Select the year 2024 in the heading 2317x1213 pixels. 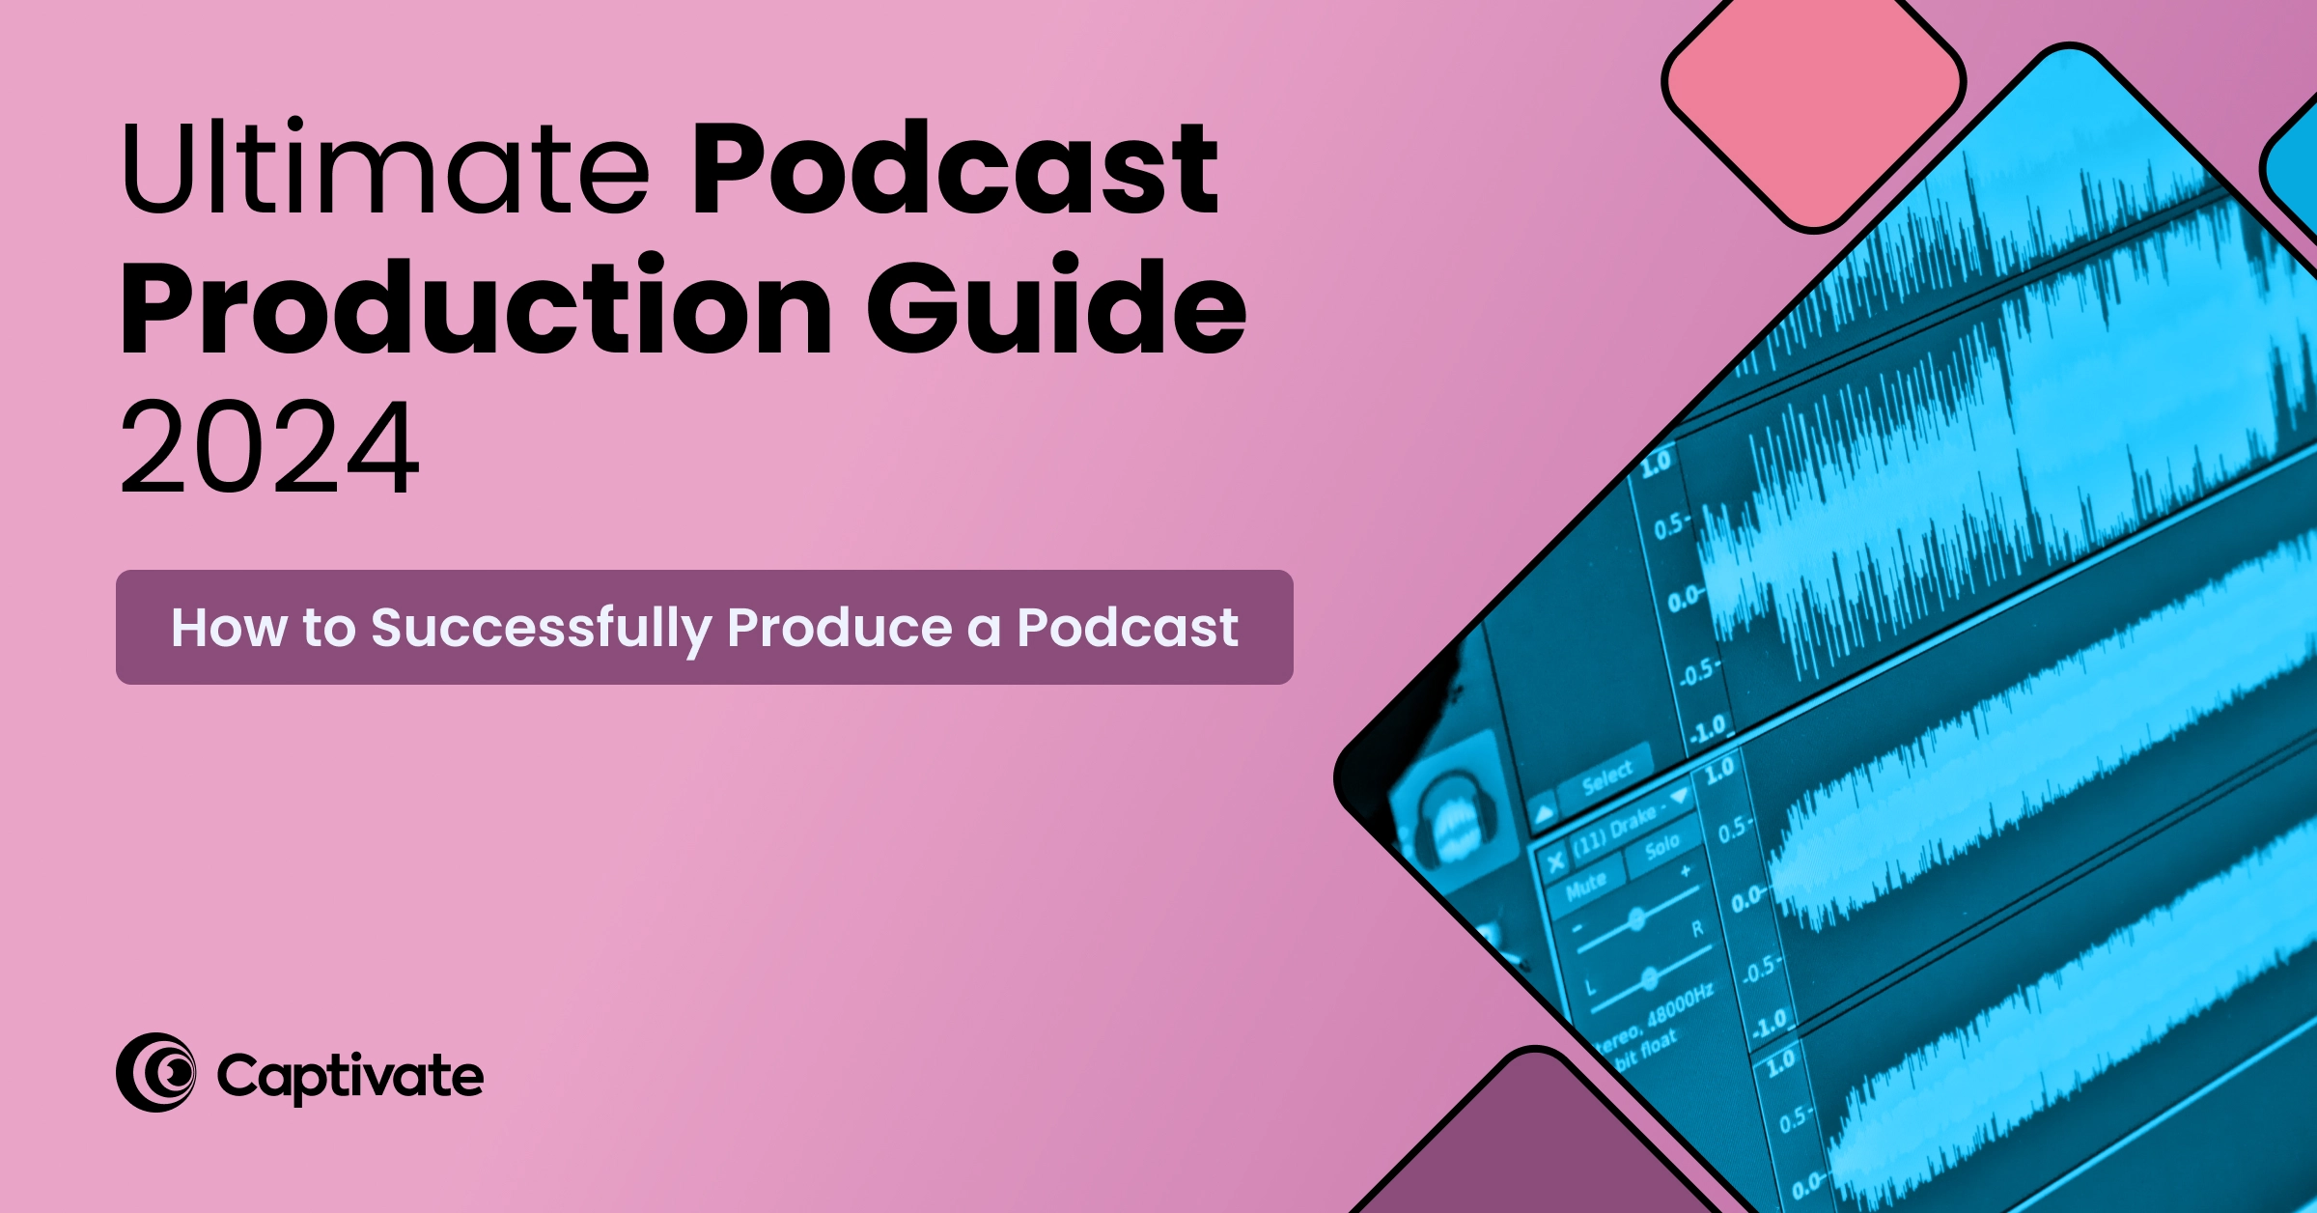(269, 447)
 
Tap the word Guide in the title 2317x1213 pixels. (1056, 307)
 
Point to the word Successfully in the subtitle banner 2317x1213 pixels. (541, 628)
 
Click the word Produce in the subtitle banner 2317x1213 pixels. (839, 628)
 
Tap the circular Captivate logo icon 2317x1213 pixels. (155, 1072)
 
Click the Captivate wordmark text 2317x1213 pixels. (349, 1076)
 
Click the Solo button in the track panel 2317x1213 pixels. (1661, 848)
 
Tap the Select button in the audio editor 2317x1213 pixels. (1606, 777)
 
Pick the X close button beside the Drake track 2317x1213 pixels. (1554, 861)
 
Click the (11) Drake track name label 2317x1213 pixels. (1618, 828)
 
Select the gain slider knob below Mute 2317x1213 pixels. (1636, 918)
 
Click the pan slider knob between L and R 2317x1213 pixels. (1650, 978)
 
